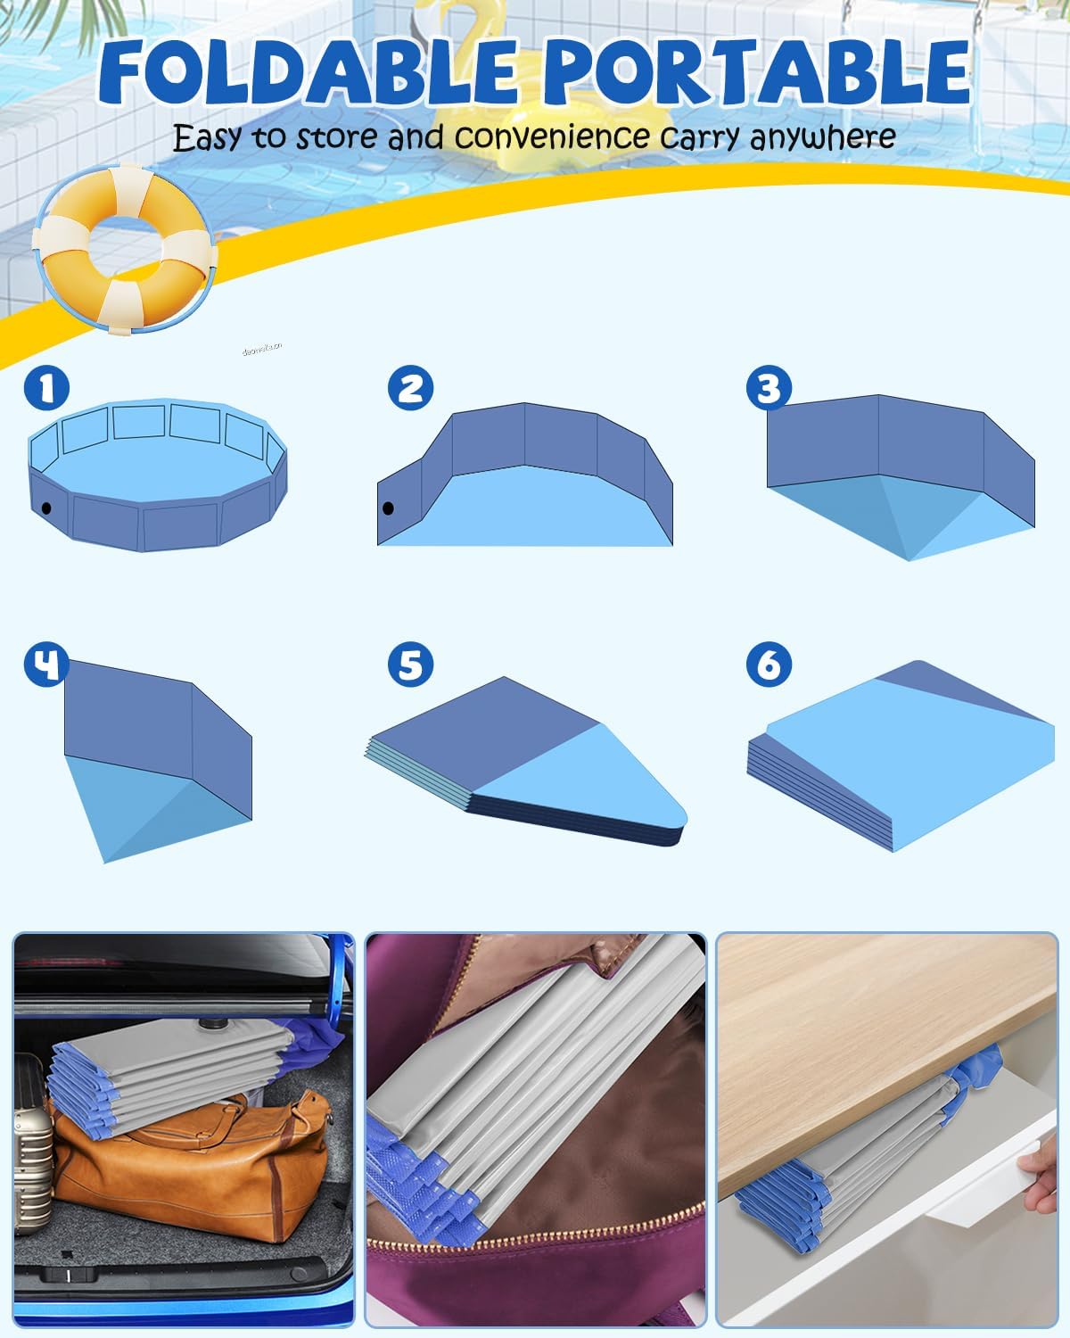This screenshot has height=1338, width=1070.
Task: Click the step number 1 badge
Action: (47, 387)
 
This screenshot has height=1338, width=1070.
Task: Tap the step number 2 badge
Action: (410, 387)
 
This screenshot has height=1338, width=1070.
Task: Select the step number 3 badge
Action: (769, 387)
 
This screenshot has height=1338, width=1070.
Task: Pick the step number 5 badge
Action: (410, 664)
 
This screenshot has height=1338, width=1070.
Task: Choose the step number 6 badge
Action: (769, 664)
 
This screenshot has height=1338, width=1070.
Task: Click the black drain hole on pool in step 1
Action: (45, 508)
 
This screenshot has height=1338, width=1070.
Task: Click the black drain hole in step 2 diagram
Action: (388, 508)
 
